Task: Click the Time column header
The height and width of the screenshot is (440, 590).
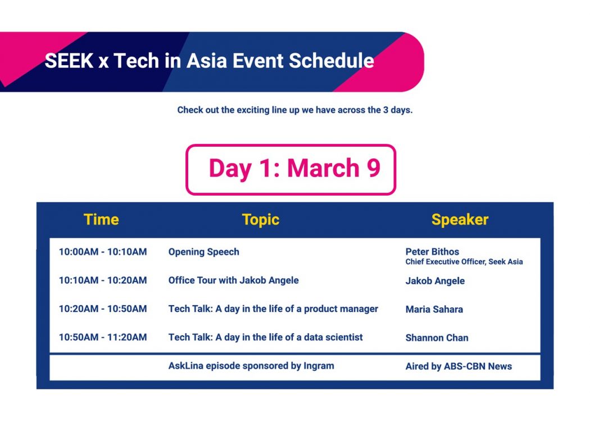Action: [x=101, y=219]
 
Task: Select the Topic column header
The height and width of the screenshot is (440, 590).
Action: [x=261, y=220]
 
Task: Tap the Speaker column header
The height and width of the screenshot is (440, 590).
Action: [x=460, y=220]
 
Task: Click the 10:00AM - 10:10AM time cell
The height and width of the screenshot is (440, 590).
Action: [x=103, y=252]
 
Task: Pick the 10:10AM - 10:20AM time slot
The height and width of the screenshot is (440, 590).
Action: [x=103, y=280]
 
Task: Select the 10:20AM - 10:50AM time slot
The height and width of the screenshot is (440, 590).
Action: [x=103, y=309]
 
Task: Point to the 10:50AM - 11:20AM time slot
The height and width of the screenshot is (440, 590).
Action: [x=103, y=337]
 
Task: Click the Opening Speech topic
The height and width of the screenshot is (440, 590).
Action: [x=203, y=252]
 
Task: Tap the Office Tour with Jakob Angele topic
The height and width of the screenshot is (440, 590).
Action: [x=234, y=281]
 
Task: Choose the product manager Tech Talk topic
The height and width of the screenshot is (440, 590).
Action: [x=273, y=309]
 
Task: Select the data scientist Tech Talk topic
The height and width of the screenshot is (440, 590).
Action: [x=266, y=337]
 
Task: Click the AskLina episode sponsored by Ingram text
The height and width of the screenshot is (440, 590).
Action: [x=251, y=366]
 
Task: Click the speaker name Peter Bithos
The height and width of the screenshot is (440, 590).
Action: [x=432, y=252]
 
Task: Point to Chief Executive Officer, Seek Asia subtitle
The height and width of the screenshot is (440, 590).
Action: [x=464, y=262]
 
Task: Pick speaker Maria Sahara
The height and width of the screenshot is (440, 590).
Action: [x=434, y=310]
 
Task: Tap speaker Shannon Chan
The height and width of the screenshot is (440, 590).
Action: [x=437, y=338]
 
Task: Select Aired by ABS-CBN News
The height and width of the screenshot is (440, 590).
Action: [x=459, y=366]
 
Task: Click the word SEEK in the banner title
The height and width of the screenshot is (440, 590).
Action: [x=69, y=61]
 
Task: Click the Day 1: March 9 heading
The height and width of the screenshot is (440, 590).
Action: [x=294, y=168]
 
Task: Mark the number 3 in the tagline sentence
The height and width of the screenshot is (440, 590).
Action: [x=385, y=110]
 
